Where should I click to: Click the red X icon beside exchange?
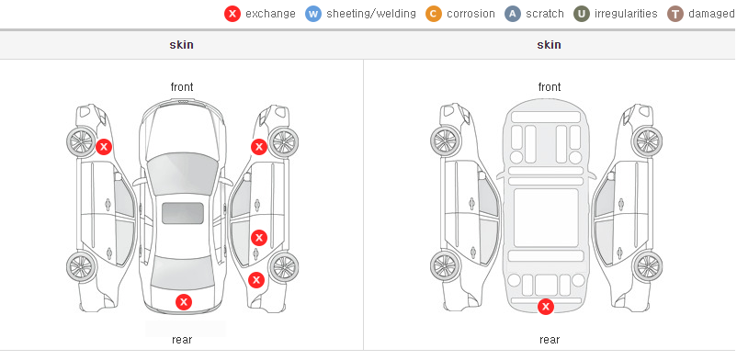pos(232,14)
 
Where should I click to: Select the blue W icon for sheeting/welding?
pos(313,14)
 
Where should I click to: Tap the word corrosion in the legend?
pos(471,14)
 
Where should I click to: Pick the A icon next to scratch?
pos(513,14)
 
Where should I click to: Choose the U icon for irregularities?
pos(582,14)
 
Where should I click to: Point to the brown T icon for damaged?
pos(675,14)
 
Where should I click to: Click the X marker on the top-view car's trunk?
pos(184,302)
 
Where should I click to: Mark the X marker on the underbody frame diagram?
pos(546,307)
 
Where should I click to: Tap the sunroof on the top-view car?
pos(183,213)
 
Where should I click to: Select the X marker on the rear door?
pos(259,238)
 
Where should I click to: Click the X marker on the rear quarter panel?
pos(256,281)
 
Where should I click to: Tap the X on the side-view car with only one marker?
pos(104,147)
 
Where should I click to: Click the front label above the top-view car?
pos(182,87)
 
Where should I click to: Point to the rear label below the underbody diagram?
pos(550,339)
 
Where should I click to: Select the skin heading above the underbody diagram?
pos(549,45)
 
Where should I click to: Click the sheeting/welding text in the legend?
pos(371,14)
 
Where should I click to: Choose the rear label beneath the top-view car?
pos(182,339)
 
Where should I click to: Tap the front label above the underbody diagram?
pos(550,87)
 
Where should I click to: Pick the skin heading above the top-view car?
pos(181,45)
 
